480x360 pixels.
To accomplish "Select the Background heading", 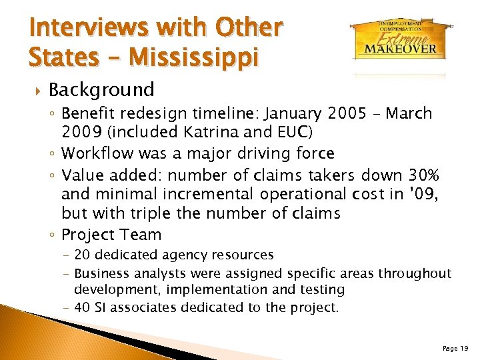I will click(x=101, y=89).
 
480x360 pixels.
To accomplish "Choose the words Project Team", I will click(x=111, y=235).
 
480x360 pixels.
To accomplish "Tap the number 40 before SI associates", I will click(x=83, y=307).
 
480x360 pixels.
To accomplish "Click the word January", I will click(x=282, y=113).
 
